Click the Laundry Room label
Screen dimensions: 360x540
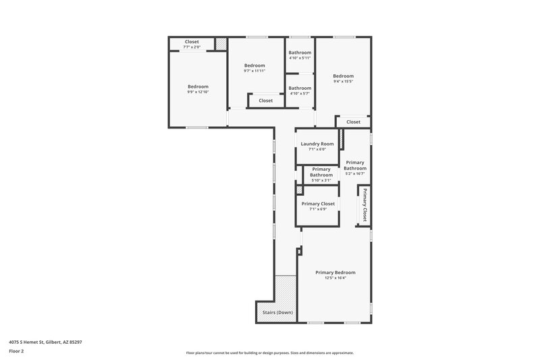coord(317,143)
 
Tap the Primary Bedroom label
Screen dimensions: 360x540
coord(335,272)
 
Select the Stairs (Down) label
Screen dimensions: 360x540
coord(277,312)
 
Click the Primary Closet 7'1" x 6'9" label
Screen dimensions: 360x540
coord(318,203)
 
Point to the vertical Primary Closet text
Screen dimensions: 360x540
coord(364,205)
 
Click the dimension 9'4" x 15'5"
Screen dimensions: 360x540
coord(343,82)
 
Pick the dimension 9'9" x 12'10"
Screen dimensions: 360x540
coord(198,92)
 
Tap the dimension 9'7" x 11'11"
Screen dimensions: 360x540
coord(254,71)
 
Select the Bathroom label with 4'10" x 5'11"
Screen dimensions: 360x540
coord(300,53)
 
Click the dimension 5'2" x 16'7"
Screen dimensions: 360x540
coord(355,174)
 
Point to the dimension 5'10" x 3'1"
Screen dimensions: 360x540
coord(321,180)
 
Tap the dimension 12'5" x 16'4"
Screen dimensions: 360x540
coord(335,278)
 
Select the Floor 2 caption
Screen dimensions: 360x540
coord(17,351)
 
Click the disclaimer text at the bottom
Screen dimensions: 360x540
coord(270,353)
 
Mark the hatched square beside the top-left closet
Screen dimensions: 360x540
coord(221,45)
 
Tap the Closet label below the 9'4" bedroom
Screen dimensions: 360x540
coord(353,122)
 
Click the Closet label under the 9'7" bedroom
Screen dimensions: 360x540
coord(265,101)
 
